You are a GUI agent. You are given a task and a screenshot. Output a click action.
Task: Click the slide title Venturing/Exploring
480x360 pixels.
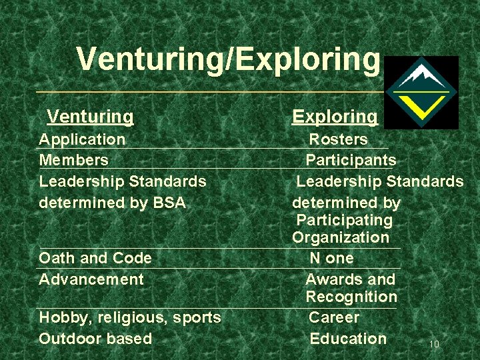pyautogui.click(x=227, y=59)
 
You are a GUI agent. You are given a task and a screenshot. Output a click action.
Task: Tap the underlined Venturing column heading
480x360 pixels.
pyautogui.click(x=90, y=117)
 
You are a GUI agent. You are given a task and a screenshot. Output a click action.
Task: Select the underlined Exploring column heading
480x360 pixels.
pyautogui.click(x=335, y=117)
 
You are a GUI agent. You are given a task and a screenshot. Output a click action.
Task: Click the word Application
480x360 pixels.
pyautogui.click(x=82, y=139)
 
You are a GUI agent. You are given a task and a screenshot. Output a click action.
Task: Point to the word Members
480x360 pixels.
pyautogui.click(x=73, y=160)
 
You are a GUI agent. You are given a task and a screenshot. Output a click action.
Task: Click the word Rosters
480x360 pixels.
pyautogui.click(x=338, y=139)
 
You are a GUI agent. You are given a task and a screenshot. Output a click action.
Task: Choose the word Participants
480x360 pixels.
pyautogui.click(x=351, y=160)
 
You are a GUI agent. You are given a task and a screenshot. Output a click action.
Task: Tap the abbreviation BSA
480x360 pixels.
pyautogui.click(x=171, y=202)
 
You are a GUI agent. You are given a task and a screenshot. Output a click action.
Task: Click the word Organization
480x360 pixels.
pyautogui.click(x=340, y=237)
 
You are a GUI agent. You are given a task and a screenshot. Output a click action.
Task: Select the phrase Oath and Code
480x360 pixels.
pyautogui.click(x=95, y=258)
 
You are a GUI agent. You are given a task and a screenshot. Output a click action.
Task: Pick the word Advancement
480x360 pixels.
pyautogui.click(x=91, y=279)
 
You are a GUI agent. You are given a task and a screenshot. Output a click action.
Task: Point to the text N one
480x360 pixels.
pyautogui.click(x=331, y=258)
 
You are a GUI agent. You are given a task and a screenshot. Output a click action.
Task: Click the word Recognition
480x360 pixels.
pyautogui.click(x=351, y=297)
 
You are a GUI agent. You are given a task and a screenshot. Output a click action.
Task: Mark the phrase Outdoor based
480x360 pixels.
pyautogui.click(x=95, y=339)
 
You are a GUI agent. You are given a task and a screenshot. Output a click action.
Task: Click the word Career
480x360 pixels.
pyautogui.click(x=333, y=317)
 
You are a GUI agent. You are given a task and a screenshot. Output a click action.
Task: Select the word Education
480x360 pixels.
pyautogui.click(x=348, y=339)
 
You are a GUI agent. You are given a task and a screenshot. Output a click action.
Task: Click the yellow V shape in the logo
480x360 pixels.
pyautogui.click(x=421, y=104)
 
